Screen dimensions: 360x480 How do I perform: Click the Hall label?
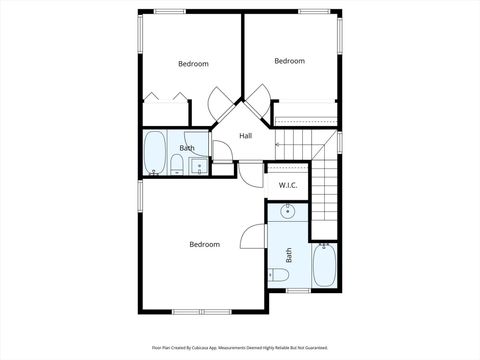click(x=245, y=136)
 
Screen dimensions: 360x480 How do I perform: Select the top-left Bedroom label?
click(x=193, y=64)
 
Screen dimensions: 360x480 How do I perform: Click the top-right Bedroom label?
click(x=289, y=61)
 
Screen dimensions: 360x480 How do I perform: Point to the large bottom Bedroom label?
click(x=204, y=244)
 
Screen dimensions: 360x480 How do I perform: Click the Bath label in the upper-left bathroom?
click(x=187, y=148)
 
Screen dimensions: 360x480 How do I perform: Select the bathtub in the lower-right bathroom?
click(x=325, y=266)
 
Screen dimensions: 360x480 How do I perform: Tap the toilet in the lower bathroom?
click(x=279, y=276)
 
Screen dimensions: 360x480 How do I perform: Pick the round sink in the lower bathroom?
click(x=288, y=211)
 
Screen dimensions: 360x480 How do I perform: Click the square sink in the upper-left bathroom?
click(x=197, y=166)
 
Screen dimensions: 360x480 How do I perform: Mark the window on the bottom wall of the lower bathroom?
click(x=296, y=290)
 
